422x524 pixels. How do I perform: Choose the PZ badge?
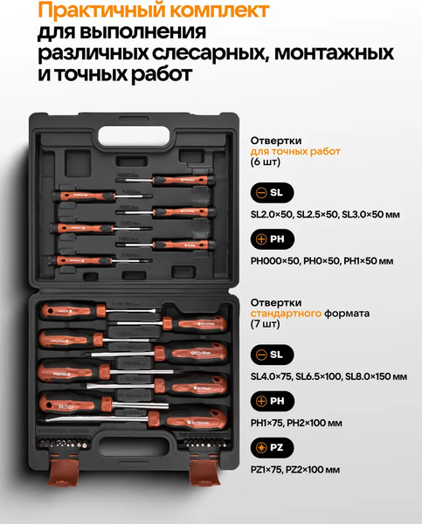click(x=272, y=448)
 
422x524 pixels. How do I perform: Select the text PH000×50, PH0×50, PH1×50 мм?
click(x=322, y=261)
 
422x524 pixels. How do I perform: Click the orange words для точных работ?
click(x=295, y=151)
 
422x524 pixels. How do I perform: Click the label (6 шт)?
click(x=266, y=163)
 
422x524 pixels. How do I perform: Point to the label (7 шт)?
click(x=266, y=324)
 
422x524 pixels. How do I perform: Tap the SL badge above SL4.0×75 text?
click(x=272, y=354)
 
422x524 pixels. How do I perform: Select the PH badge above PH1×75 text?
click(x=272, y=401)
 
